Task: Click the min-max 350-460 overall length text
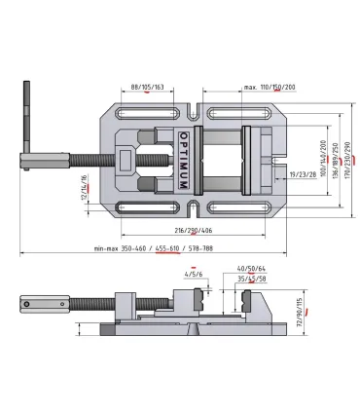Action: tap(123, 249)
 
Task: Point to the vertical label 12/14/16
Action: tap(85, 182)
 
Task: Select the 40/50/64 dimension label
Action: tap(250, 267)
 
